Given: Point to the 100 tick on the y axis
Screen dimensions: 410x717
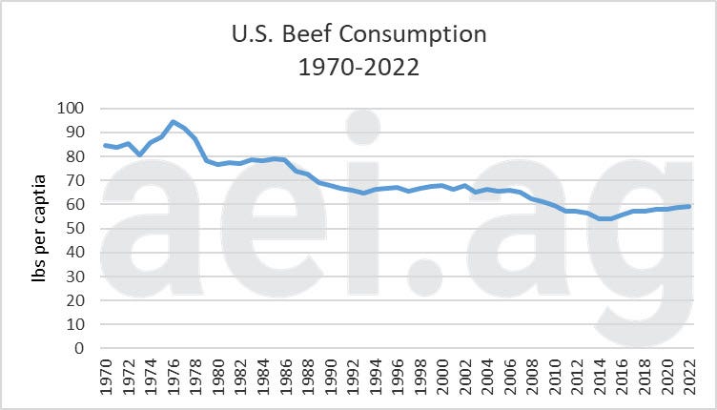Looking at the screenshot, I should pos(70,108).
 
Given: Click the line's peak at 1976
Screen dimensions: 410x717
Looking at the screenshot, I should pos(173,122).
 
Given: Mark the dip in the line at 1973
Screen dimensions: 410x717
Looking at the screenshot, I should pos(139,154).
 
